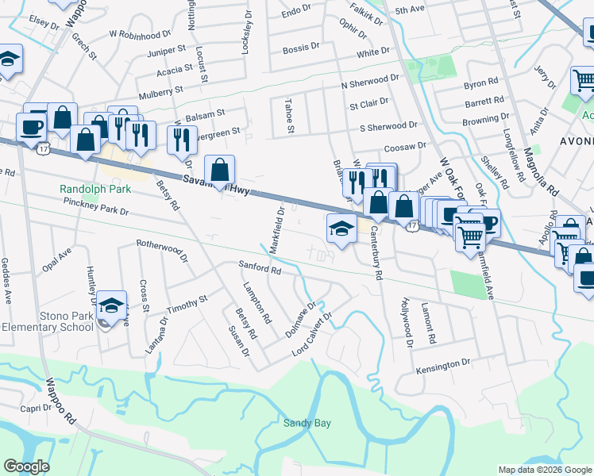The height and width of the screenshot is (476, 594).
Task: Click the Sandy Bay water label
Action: point(307,423)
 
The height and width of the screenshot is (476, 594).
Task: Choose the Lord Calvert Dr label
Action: point(311,334)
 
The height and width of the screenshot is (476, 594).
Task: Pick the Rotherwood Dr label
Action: point(161,251)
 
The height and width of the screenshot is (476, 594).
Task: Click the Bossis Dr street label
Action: point(300,49)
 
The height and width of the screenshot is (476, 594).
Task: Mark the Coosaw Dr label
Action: point(405,146)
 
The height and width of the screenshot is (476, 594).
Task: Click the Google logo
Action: point(26,466)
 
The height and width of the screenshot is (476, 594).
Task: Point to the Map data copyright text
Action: point(545,470)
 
